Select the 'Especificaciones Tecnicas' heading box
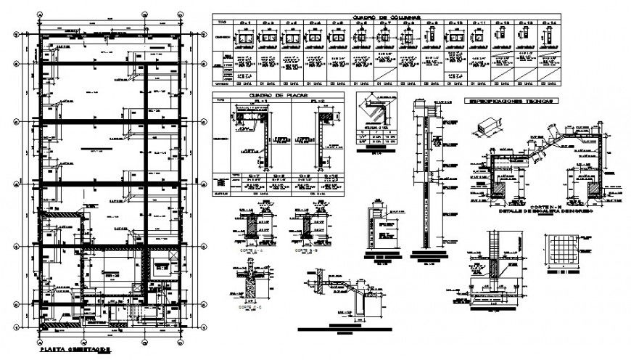(x=511, y=102)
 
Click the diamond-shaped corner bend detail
(x=376, y=113)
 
